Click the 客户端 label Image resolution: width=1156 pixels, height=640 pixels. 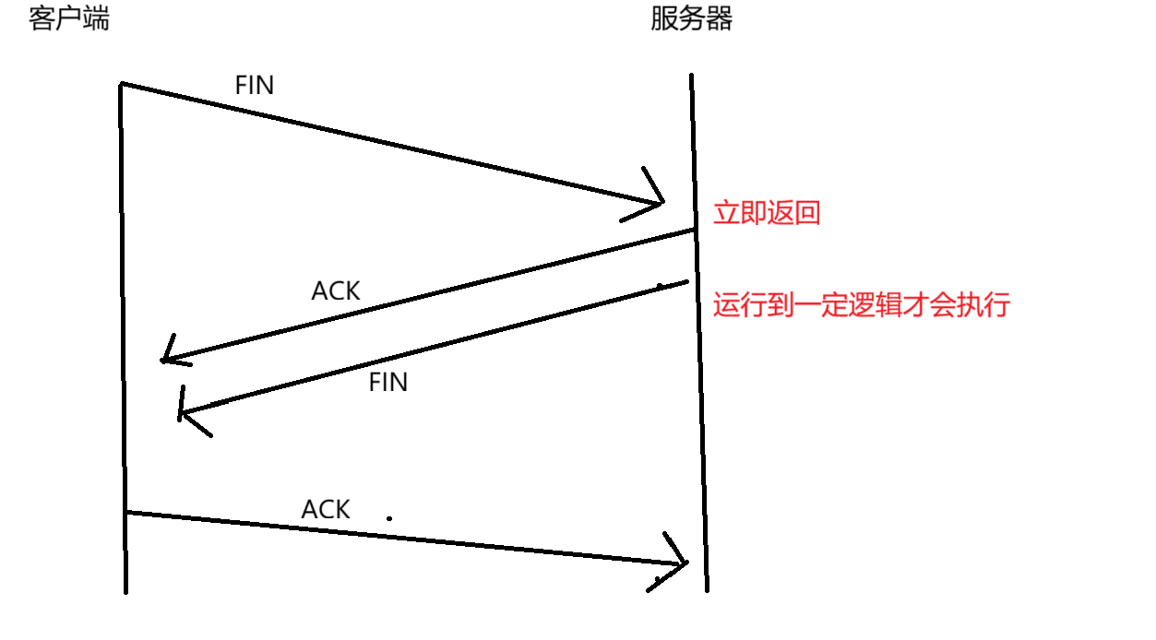point(68,18)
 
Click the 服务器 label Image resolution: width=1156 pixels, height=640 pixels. point(691,18)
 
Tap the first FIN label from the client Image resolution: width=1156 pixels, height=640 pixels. point(255,86)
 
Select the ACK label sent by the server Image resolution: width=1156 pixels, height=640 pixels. point(336,291)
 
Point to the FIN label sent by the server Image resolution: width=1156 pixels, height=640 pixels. point(387,383)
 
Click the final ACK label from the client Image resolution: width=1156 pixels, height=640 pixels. point(326,509)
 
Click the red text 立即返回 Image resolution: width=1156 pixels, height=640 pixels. point(767,214)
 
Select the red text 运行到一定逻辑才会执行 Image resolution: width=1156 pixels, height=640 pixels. point(862,305)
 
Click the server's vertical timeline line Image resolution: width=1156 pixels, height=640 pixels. point(698,415)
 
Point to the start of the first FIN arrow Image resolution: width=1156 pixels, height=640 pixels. point(123,84)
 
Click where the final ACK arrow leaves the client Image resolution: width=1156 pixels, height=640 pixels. point(128,512)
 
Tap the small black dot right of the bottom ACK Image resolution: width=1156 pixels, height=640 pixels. point(389,518)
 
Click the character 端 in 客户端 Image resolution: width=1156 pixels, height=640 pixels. point(96,18)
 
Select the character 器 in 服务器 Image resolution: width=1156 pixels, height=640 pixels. point(719,18)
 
